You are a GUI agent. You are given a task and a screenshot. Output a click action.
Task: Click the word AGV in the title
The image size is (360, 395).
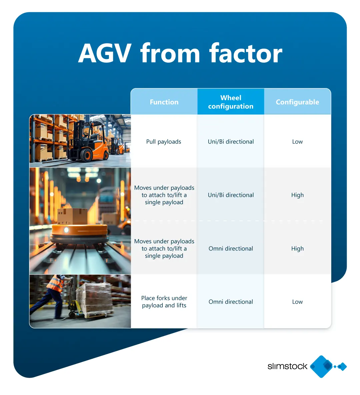(104, 53)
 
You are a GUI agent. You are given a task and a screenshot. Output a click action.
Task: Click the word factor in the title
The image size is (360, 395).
(246, 53)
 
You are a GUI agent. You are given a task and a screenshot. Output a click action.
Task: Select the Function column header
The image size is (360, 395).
(164, 102)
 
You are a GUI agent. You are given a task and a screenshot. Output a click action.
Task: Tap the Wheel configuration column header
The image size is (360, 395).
(231, 102)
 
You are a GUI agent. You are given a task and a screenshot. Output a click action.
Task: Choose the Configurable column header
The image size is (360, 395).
(297, 102)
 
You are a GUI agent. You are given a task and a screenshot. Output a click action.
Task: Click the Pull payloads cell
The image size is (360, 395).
(164, 141)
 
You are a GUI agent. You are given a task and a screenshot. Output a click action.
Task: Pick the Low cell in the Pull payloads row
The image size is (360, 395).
(297, 141)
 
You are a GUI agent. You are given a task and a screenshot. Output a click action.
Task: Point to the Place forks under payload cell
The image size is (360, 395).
(164, 302)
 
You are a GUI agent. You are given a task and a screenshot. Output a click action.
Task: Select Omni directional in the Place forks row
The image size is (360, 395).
(231, 302)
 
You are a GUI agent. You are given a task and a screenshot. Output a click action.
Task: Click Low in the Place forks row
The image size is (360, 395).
(297, 302)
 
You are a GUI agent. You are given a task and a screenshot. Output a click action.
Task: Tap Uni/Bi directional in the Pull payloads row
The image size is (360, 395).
(231, 141)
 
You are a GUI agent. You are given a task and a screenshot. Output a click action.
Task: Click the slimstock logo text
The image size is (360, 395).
(287, 366)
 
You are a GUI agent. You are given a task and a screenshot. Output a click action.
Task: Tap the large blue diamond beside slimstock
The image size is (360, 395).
(321, 367)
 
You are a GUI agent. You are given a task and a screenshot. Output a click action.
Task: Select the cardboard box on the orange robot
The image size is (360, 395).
(72, 216)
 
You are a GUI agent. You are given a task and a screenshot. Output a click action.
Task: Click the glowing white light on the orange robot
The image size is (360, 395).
(66, 230)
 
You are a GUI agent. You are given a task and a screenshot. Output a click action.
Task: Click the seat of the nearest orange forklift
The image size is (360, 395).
(93, 138)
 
